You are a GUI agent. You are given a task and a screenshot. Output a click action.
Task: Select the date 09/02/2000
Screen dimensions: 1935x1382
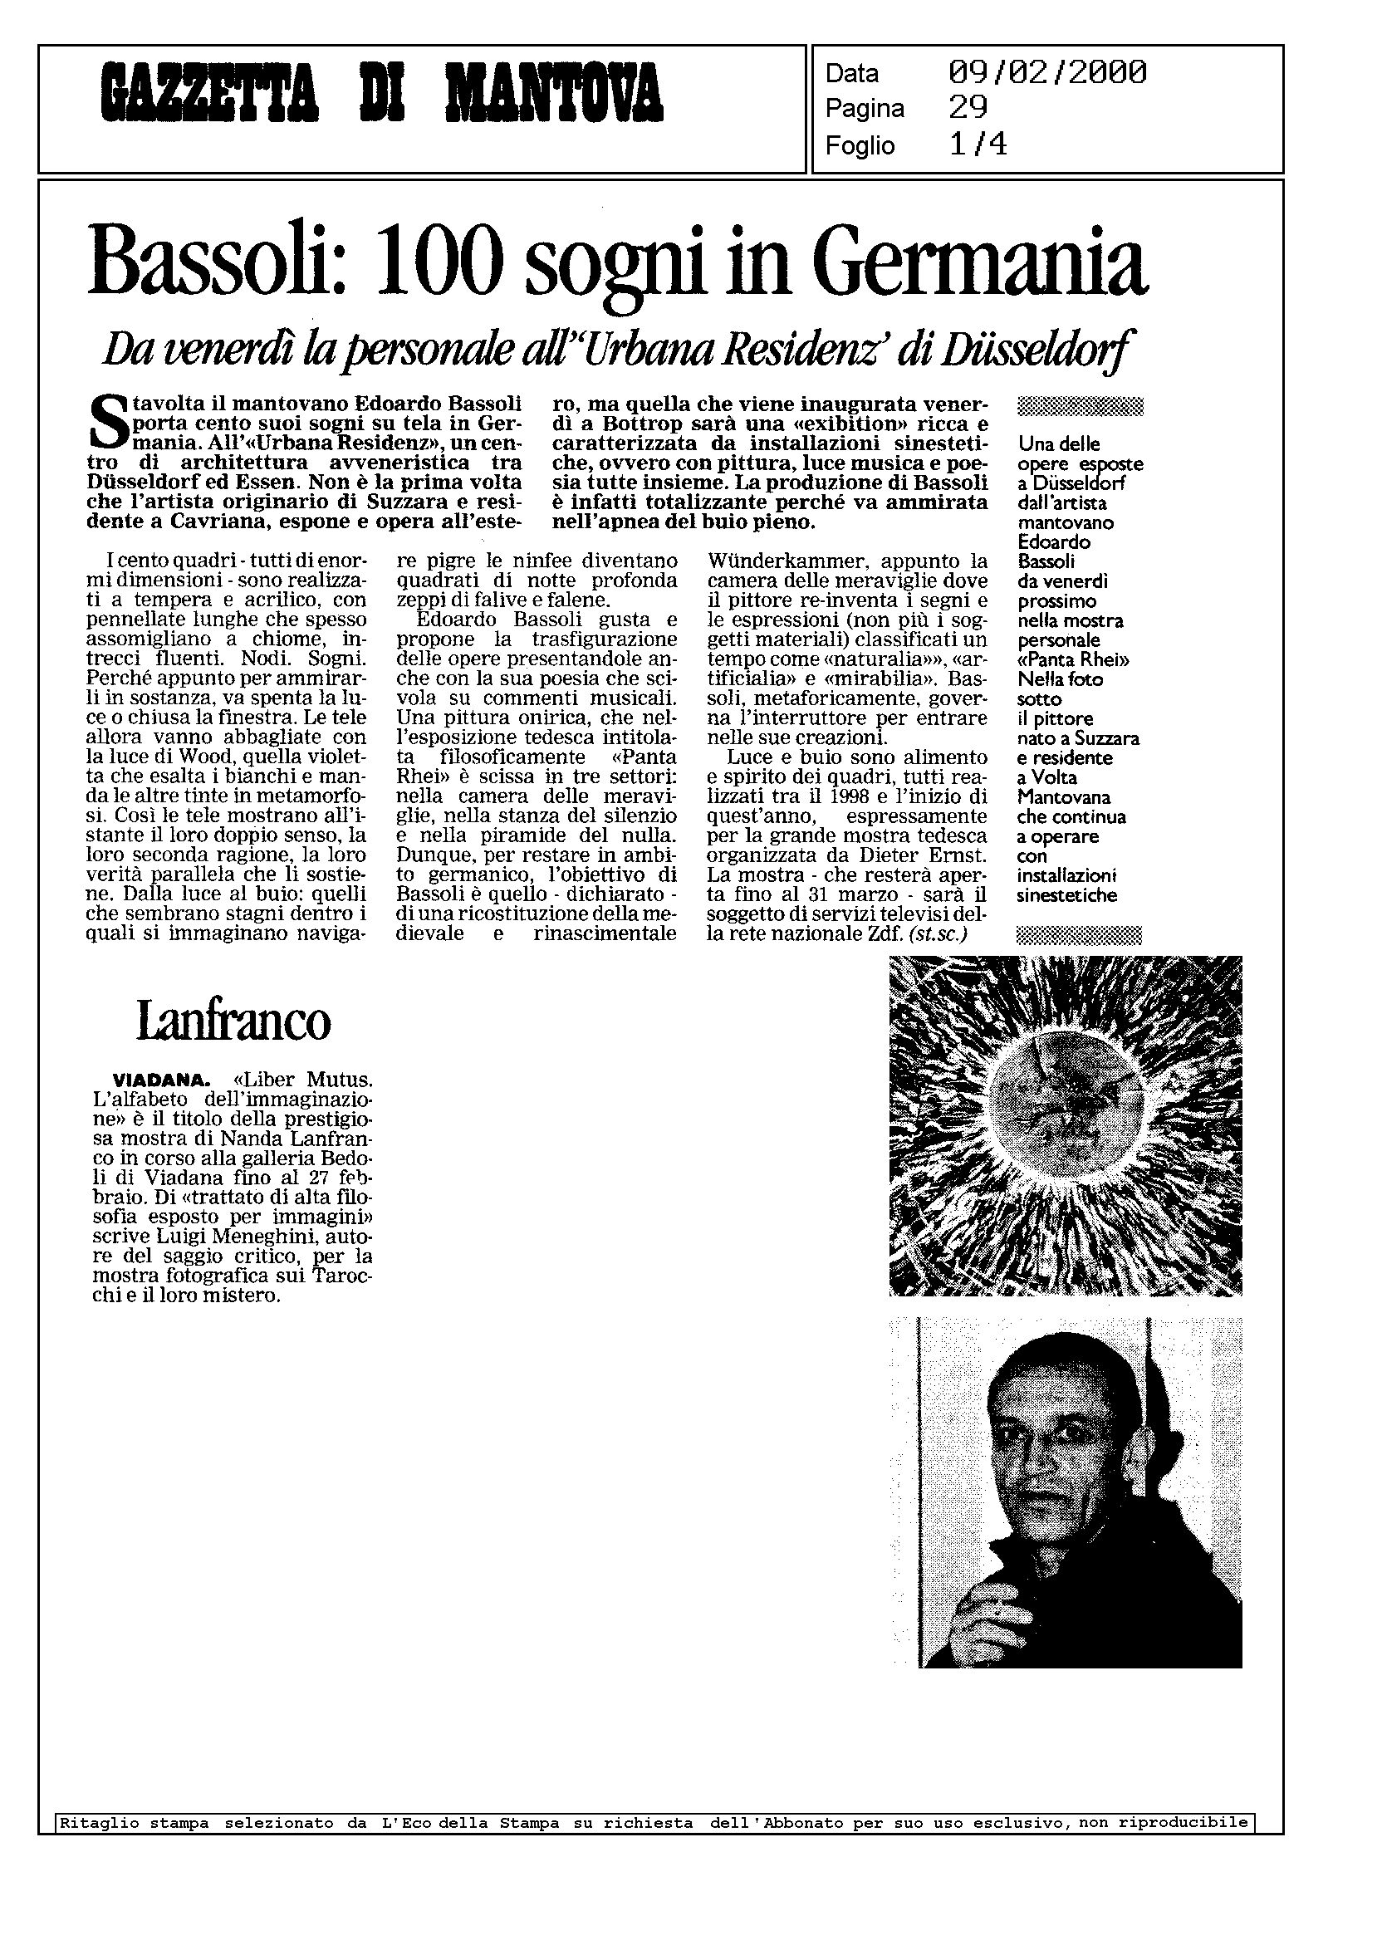(1046, 73)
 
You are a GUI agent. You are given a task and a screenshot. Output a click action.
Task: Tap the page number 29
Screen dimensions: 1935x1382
(968, 108)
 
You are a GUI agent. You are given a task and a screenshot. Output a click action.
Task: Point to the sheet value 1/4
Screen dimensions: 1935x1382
(978, 145)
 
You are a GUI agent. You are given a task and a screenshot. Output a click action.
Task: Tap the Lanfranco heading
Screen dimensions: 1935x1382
(233, 1022)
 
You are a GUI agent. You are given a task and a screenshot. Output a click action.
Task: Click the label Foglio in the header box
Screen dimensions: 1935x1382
(860, 146)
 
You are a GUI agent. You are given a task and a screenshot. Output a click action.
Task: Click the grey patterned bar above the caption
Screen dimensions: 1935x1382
(1080, 407)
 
